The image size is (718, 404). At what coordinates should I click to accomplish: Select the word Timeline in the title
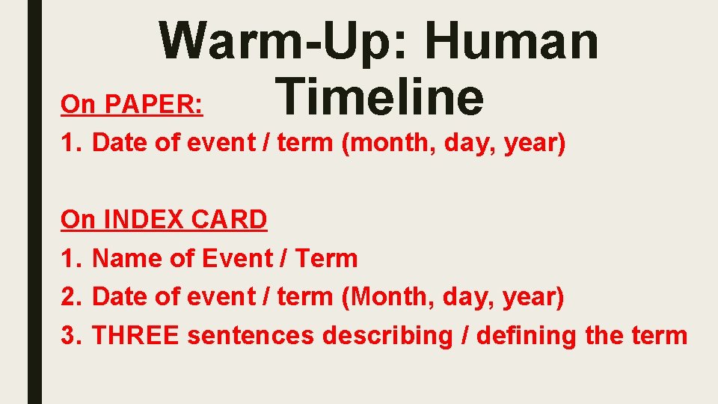(379, 99)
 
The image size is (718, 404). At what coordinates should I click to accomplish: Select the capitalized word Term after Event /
(327, 258)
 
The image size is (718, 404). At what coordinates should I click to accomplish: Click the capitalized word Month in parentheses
(388, 297)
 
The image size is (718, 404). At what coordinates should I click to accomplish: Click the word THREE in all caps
(135, 336)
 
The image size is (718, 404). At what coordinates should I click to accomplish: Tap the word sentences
(251, 336)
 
